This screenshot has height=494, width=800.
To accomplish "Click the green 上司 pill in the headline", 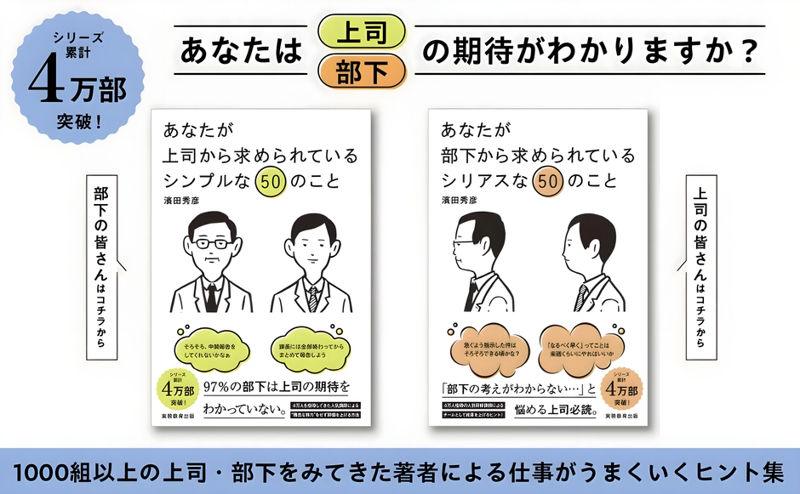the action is pyautogui.click(x=361, y=31).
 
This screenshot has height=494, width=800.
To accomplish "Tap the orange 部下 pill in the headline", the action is pyautogui.click(x=361, y=71).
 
